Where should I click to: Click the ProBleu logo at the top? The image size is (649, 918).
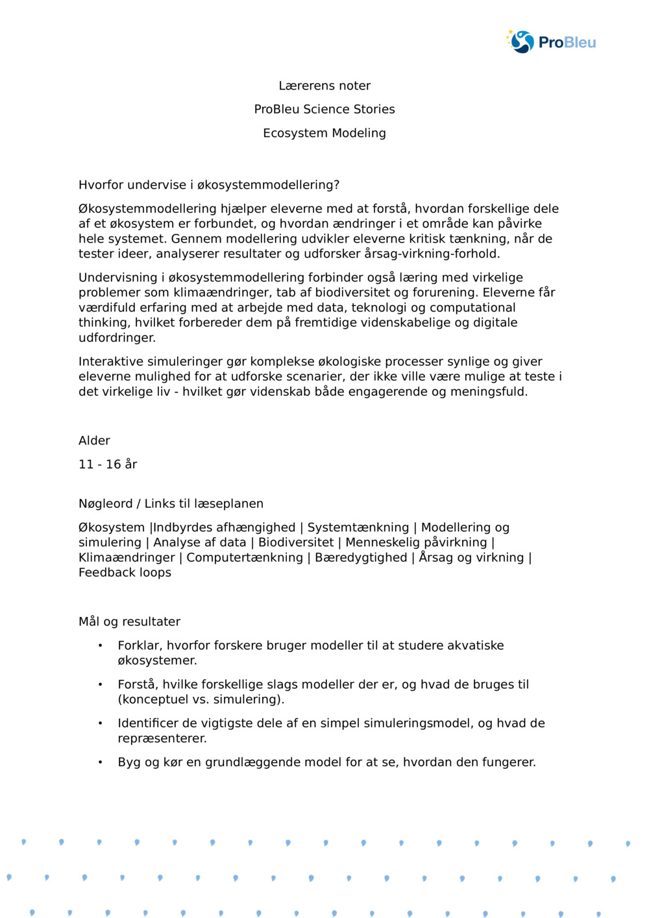pyautogui.click(x=551, y=42)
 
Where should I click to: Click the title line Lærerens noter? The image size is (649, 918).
pyautogui.click(x=324, y=86)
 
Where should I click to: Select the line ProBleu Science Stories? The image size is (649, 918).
pyautogui.click(x=324, y=109)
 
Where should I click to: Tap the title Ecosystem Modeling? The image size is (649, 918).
pyautogui.click(x=324, y=133)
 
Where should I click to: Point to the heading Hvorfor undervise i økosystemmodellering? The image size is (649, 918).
pyautogui.click(x=209, y=185)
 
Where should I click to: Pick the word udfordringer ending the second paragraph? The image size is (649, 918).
pyautogui.click(x=116, y=338)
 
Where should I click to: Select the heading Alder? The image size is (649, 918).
pyautogui.click(x=94, y=441)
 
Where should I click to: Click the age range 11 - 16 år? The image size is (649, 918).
pyautogui.click(x=108, y=465)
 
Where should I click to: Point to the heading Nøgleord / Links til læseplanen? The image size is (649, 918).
pyautogui.click(x=171, y=503)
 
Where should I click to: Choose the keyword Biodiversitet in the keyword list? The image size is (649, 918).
pyautogui.click(x=296, y=542)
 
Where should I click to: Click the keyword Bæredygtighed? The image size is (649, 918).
pyautogui.click(x=361, y=557)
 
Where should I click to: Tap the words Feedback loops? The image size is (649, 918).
pyautogui.click(x=125, y=572)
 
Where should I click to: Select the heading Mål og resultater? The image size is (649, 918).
pyautogui.click(x=129, y=622)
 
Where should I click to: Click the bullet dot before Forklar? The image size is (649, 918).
pyautogui.click(x=101, y=646)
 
